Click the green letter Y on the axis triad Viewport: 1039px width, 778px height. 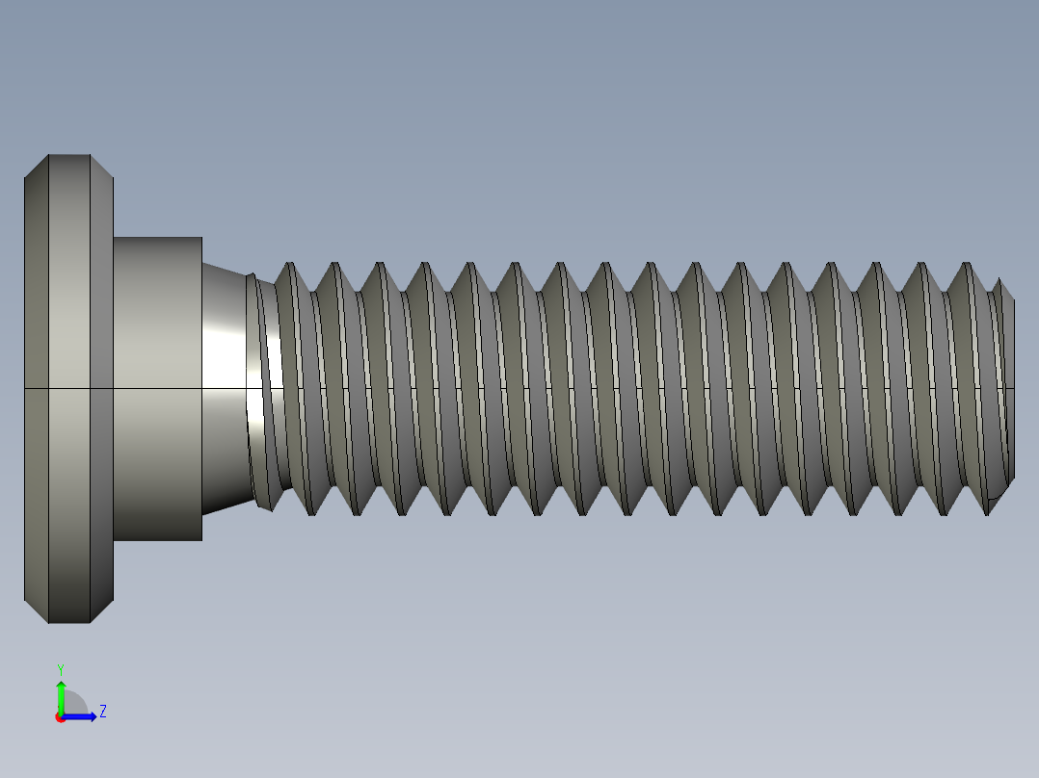coord(60,668)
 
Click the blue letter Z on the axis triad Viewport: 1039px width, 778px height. coord(102,712)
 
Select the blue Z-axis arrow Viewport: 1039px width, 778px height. coord(83,716)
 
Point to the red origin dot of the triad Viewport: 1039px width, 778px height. coord(60,717)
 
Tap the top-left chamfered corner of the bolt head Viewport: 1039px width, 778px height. coord(36,167)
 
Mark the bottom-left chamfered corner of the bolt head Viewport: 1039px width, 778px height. coord(36,611)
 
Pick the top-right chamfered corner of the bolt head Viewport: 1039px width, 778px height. coord(102,167)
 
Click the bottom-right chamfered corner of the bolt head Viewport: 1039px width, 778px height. coord(102,611)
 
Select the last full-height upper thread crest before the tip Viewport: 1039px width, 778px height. coord(966,265)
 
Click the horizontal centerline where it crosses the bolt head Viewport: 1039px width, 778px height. coord(67,388)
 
